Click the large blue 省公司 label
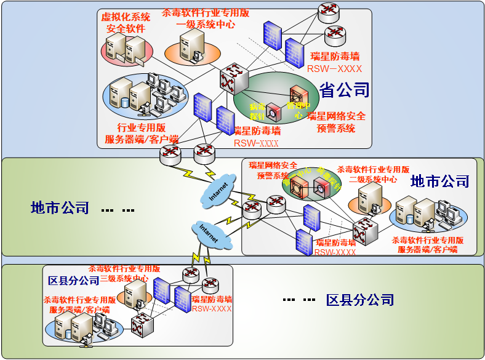tap(344, 90)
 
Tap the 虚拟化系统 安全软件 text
tap(126, 23)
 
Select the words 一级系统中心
tap(206, 25)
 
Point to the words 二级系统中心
tap(373, 179)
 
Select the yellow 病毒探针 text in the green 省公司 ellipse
tap(257, 110)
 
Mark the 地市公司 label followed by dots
tap(60, 208)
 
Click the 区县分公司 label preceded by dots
tap(360, 300)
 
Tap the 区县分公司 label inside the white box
tap(74, 281)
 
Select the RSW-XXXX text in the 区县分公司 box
tap(211, 309)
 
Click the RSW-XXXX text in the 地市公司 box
tap(335, 252)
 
